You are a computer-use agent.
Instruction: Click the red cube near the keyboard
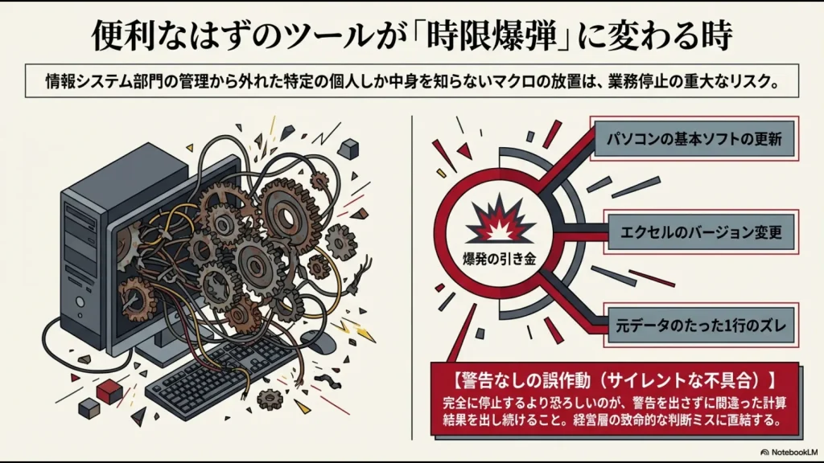pos(108,391)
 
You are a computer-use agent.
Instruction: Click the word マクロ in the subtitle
pos(501,83)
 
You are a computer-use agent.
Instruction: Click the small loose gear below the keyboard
pos(270,397)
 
